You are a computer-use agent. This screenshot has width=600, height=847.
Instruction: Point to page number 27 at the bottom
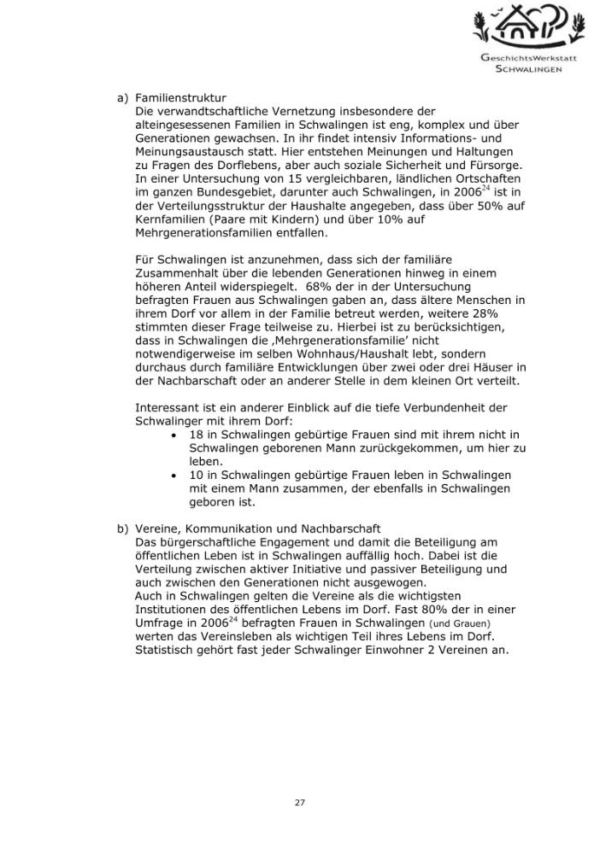(x=300, y=803)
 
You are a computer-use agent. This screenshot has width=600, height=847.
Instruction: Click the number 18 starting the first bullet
(x=197, y=435)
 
